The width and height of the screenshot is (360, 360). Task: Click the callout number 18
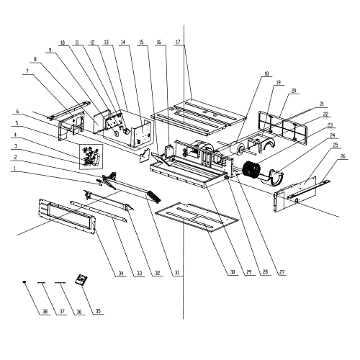click(x=266, y=74)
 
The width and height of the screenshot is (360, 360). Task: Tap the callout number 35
click(x=98, y=312)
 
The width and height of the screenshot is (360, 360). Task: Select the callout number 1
click(x=15, y=168)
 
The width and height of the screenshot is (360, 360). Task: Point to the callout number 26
click(x=343, y=156)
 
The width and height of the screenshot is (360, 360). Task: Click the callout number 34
click(x=121, y=274)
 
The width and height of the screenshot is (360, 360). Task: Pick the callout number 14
click(x=123, y=42)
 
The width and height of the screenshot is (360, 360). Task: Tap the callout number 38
click(x=45, y=312)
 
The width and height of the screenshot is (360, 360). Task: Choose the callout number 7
click(x=27, y=71)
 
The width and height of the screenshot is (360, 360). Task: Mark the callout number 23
click(x=330, y=125)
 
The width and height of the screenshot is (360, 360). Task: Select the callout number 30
click(x=233, y=272)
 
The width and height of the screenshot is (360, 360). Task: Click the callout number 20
click(x=294, y=91)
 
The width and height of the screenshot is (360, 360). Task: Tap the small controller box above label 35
click(x=81, y=280)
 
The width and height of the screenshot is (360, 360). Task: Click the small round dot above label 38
click(x=24, y=282)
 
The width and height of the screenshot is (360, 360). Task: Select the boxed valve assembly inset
click(x=91, y=157)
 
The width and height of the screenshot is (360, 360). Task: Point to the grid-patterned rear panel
click(x=283, y=127)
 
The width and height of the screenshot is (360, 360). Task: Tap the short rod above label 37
click(x=42, y=283)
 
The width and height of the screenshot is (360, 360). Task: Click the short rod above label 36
click(x=60, y=283)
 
